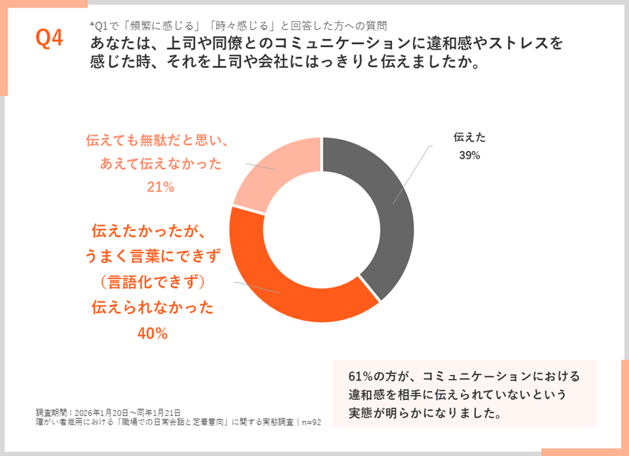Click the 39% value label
pyautogui.click(x=469, y=155)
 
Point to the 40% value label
pyautogui.click(x=152, y=334)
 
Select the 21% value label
pyautogui.click(x=160, y=187)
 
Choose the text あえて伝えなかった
pyautogui.click(x=160, y=164)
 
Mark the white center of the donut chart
pyautogui.click(x=321, y=230)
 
